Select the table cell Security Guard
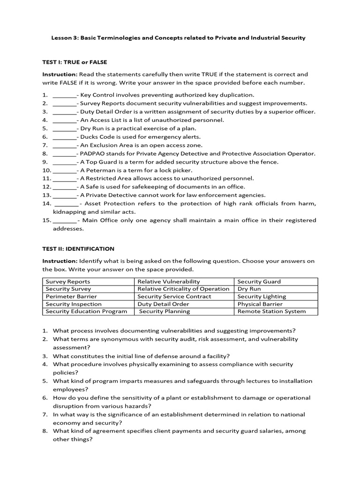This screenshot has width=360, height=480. pos(259,281)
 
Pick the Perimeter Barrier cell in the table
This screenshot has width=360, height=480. pos(71,296)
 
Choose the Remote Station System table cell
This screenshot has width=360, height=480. pos(271,311)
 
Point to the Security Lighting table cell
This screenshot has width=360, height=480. pos(262,296)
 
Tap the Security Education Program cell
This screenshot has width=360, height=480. pos(86,311)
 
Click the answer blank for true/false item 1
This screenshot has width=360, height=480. pos(64,95)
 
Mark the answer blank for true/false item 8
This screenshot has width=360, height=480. pos(64,154)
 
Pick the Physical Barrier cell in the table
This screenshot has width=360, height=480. pos(260,304)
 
